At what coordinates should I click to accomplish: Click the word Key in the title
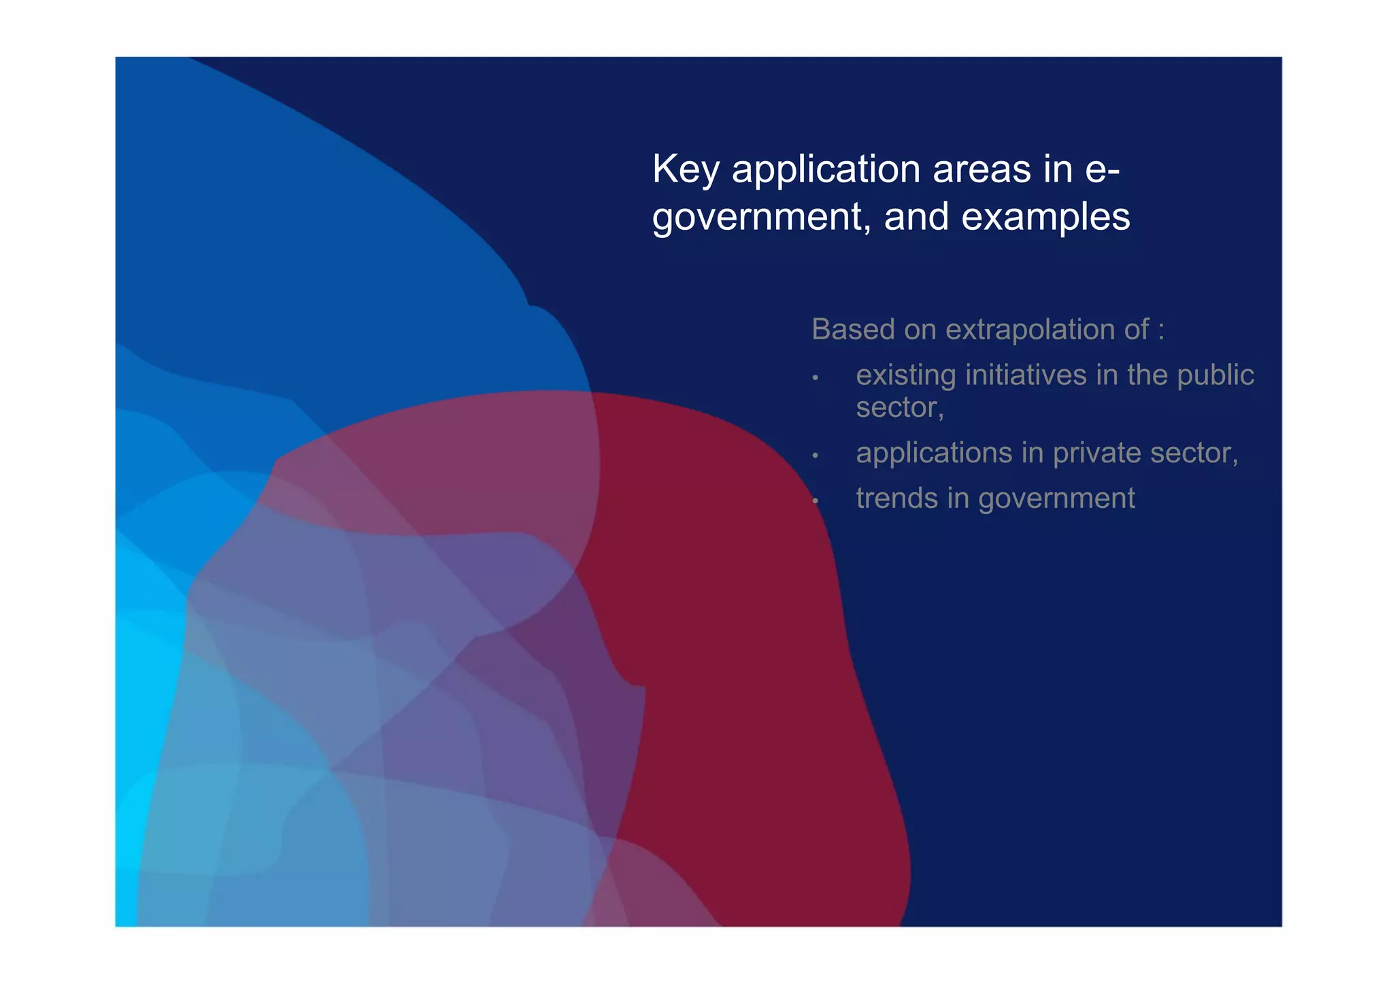(686, 169)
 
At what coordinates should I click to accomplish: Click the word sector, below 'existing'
(899, 408)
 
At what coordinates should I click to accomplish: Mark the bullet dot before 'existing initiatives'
(815, 377)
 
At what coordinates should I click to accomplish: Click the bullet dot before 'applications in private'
(815, 456)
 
